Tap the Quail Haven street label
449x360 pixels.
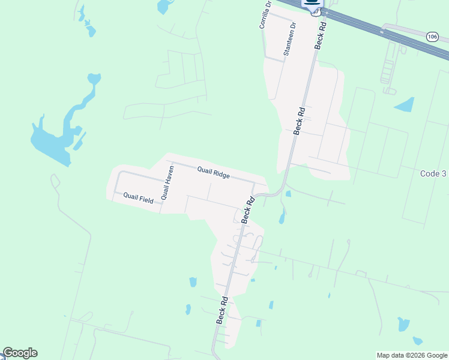167,184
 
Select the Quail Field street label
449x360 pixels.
139,197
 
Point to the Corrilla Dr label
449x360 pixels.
265,14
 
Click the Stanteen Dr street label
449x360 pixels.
290,39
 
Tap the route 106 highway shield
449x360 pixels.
432,37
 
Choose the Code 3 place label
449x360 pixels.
433,173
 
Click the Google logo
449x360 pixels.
20,353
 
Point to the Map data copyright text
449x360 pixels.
412,355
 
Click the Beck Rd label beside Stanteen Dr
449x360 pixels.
319,35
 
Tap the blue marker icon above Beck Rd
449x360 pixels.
312,4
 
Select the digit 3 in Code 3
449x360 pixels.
444,173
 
